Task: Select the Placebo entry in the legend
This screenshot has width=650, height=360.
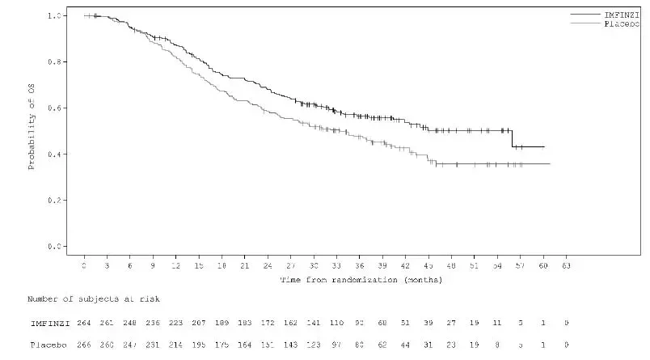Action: coord(622,24)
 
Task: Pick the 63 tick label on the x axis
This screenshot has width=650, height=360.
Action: coord(566,265)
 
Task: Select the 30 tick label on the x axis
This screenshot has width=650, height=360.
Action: coord(314,265)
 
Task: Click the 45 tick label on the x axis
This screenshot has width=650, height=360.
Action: coord(428,265)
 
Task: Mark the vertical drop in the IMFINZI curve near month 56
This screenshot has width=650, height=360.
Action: coord(512,138)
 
